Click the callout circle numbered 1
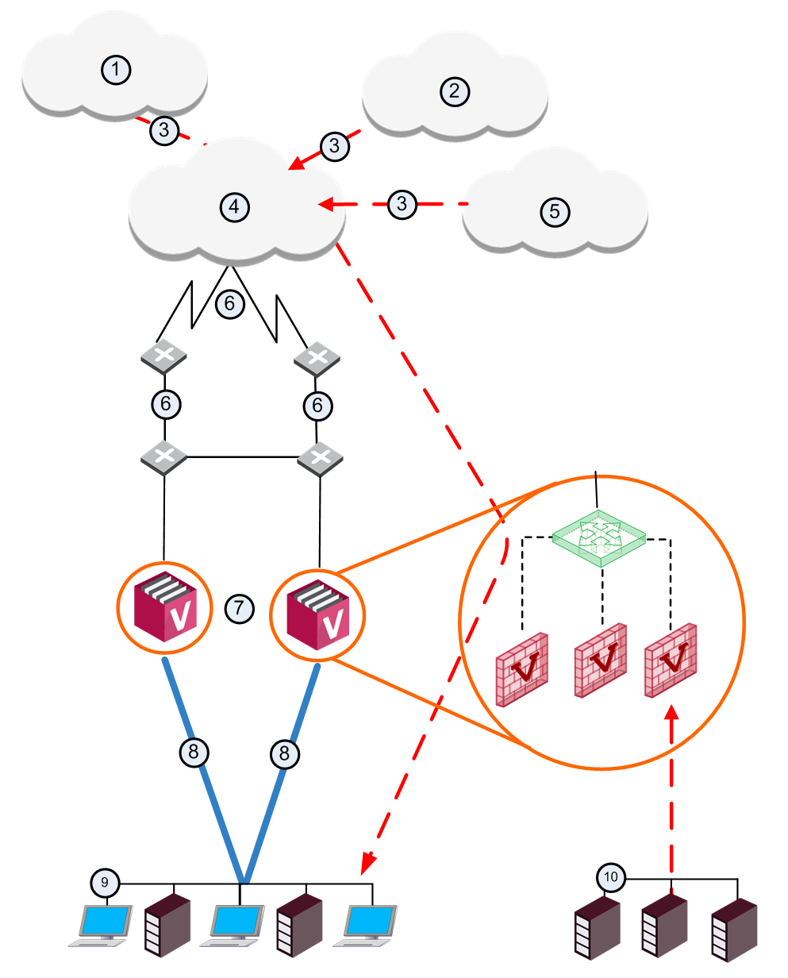116,70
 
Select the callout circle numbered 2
455,91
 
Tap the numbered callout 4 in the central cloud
234,207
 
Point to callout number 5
555,212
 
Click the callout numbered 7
240,609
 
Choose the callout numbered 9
105,883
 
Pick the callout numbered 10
611,877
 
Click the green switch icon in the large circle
599,538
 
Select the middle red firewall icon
601,660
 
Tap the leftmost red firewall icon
521,669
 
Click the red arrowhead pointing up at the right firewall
671,713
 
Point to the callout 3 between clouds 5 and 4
402,204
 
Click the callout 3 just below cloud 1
164,130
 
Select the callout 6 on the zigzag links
229,303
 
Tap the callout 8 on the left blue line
194,753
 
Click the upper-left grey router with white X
163,356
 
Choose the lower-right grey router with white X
320,459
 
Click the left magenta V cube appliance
165,606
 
